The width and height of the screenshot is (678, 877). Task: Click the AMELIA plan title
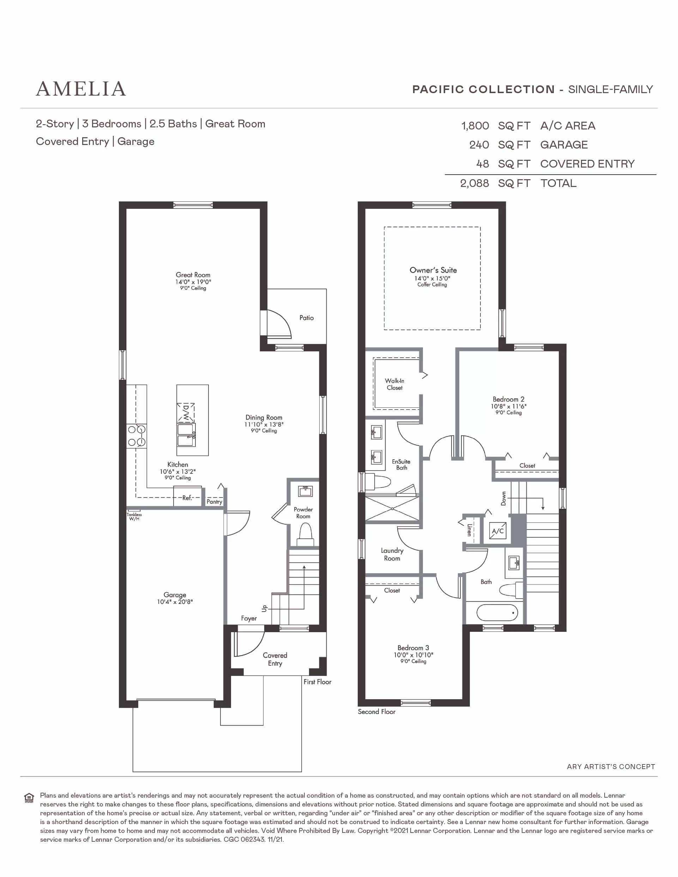(x=81, y=89)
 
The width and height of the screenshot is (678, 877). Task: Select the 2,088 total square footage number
(x=474, y=183)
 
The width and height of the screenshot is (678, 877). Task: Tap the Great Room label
(x=193, y=275)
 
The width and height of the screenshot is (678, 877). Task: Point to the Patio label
(x=306, y=317)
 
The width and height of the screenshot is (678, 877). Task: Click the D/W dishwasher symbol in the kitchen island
(x=186, y=412)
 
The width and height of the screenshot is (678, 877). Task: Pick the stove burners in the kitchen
(x=137, y=436)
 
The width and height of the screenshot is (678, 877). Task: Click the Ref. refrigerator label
(x=187, y=498)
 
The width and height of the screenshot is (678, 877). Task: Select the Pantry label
(x=214, y=502)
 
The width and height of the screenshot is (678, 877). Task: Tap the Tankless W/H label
(x=134, y=516)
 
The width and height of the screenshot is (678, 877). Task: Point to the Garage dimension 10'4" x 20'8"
(x=175, y=602)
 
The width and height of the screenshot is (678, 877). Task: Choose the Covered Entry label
(x=275, y=659)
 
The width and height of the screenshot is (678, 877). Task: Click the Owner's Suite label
(x=433, y=270)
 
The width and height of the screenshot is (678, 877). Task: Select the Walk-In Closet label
(x=395, y=384)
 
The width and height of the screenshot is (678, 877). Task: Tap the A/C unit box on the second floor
(x=498, y=531)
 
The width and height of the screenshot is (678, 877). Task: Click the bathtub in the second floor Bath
(x=497, y=613)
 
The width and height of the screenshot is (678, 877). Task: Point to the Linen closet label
(x=469, y=530)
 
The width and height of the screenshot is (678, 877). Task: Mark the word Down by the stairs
(x=503, y=499)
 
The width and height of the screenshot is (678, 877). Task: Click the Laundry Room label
(x=392, y=555)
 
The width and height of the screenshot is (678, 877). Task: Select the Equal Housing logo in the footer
(x=29, y=798)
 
